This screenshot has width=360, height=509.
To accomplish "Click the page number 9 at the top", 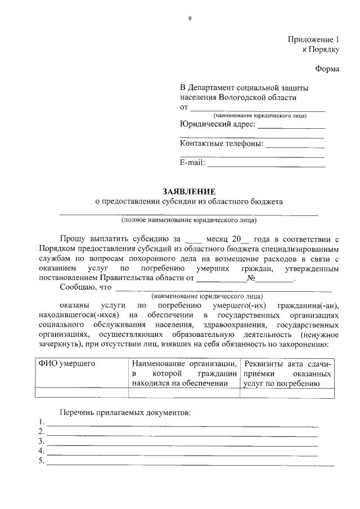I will tap(190, 19).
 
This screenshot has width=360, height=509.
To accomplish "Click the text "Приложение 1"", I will tap(313, 40).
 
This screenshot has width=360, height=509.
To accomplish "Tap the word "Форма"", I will tap(327, 69).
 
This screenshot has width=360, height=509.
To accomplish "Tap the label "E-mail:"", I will tap(192, 163).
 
